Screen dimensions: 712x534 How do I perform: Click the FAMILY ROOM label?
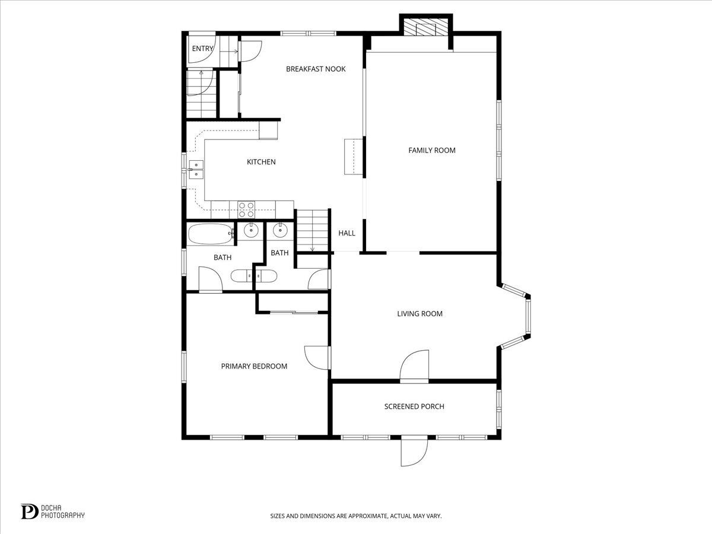pos(432,151)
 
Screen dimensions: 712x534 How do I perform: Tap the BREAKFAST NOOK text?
pos(316,69)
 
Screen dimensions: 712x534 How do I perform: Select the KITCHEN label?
pos(261,162)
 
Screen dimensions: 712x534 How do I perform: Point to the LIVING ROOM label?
pos(419,314)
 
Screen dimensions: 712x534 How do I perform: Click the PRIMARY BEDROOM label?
pos(254,366)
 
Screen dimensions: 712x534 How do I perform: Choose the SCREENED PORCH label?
pos(414,406)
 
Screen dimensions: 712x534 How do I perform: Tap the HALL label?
pos(347,233)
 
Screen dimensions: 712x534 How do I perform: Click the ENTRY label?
pos(202,49)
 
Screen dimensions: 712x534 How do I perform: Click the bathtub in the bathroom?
pos(211,234)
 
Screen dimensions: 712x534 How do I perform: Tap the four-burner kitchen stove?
pos(246,209)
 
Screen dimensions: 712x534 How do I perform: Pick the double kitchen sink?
pos(196,170)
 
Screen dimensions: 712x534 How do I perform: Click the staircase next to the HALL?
pos(312,231)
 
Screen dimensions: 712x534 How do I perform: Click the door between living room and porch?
pos(414,366)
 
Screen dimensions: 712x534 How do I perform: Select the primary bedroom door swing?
pos(317,358)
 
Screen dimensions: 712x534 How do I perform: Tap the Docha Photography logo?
pos(53,511)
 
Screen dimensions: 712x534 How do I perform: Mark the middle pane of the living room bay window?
pos(529,316)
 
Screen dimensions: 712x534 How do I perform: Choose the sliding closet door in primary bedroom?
pos(294,312)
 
